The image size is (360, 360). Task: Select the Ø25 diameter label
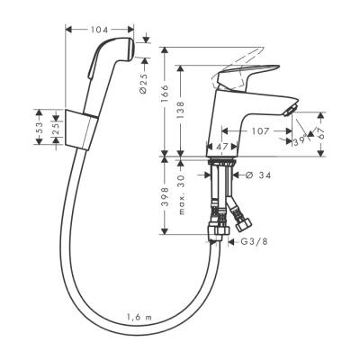[144, 85]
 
